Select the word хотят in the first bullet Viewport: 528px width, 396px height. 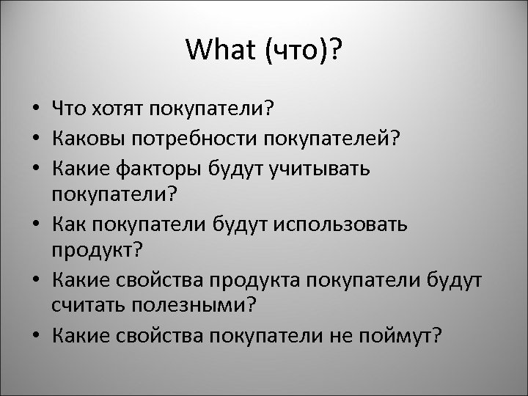119,109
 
